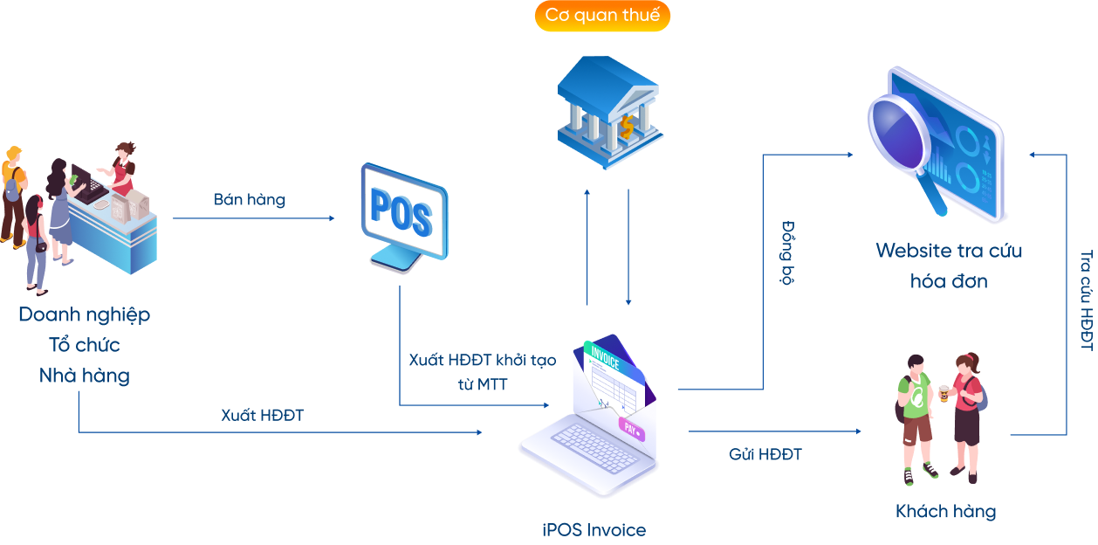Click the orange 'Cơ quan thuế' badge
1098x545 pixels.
coord(602,16)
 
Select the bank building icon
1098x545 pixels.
coord(609,112)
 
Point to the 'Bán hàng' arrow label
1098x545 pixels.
coord(250,200)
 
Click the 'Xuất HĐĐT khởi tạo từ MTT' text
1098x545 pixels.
coord(482,371)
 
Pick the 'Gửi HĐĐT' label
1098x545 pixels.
coord(765,454)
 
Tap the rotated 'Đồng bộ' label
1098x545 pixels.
coord(787,253)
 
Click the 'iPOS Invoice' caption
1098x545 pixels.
coord(594,530)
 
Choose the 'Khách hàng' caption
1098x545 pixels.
coord(945,511)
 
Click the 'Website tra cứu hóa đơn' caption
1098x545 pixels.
coord(949,266)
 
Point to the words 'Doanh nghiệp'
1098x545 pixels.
coord(85,314)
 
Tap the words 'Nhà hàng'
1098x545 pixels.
coord(85,376)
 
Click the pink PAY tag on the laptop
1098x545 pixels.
coord(631,428)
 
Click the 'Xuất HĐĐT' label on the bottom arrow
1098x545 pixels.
coord(262,416)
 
